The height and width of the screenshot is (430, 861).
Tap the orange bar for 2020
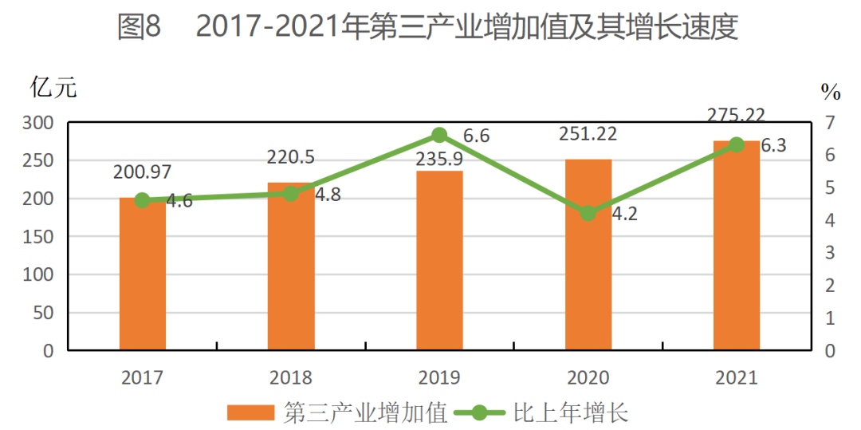pos(588,254)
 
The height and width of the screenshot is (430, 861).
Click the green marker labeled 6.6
pos(439,136)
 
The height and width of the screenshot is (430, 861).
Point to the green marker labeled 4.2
pos(588,213)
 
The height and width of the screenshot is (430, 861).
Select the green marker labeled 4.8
pos(291,193)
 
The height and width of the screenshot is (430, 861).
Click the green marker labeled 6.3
pos(737,144)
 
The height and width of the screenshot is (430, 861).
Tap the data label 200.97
pos(142,172)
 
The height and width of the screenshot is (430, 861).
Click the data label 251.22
pos(588,133)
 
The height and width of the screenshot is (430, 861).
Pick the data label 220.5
pos(291,157)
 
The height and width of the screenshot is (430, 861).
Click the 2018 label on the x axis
pos(291,377)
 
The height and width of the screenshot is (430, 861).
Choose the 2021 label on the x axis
pos(737,377)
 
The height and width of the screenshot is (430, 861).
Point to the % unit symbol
pos(831,93)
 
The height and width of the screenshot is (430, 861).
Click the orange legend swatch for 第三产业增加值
pos(250,412)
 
